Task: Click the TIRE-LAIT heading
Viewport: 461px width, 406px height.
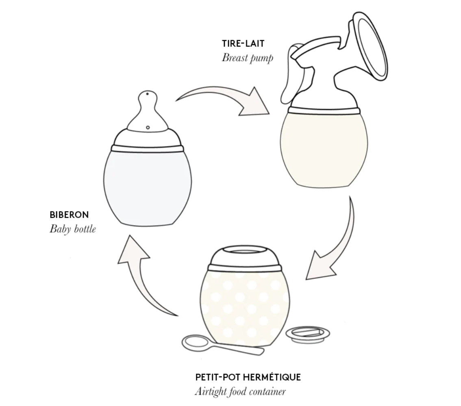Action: tap(243, 43)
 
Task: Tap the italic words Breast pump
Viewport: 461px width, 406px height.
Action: tap(248, 58)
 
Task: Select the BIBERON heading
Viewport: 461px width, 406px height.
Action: tap(69, 215)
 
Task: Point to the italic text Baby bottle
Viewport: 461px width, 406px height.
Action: tap(73, 229)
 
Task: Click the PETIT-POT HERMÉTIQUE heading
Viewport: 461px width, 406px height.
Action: tap(248, 377)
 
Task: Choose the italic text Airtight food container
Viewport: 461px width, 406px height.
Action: tap(240, 392)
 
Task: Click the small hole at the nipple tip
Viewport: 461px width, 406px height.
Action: tap(147, 94)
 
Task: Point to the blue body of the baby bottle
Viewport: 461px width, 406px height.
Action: tap(148, 188)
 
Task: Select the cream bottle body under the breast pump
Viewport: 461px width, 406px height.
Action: tap(324, 150)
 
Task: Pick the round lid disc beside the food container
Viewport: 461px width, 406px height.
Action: tap(308, 335)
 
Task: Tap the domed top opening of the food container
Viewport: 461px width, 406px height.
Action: tap(245, 256)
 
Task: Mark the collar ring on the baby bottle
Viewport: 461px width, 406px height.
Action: tap(148, 148)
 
